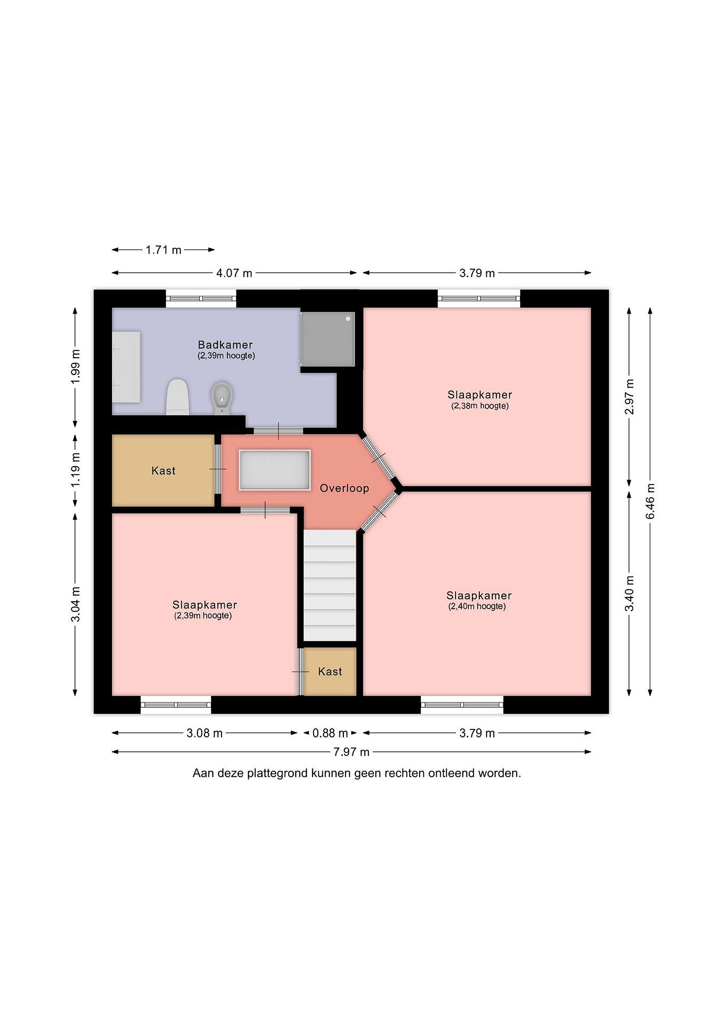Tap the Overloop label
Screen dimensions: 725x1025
(x=344, y=488)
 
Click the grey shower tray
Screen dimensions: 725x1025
(x=328, y=339)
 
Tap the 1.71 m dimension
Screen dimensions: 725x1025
(x=163, y=250)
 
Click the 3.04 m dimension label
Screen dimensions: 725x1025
(x=76, y=604)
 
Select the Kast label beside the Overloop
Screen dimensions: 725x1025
(x=163, y=471)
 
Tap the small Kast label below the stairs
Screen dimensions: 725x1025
(x=330, y=672)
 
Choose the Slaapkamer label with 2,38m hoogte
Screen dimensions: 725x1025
(x=479, y=395)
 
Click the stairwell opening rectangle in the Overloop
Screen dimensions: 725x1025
(x=274, y=470)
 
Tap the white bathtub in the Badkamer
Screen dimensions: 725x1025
(x=126, y=367)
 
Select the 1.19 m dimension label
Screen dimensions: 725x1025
(x=76, y=470)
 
